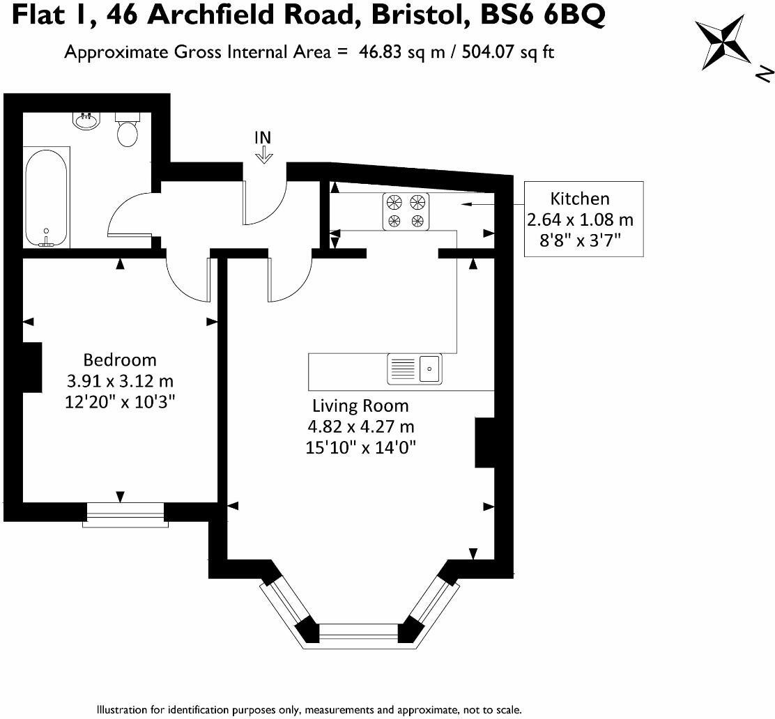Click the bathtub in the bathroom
tap(47, 197)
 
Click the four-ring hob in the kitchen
tap(406, 211)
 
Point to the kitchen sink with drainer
tap(415, 369)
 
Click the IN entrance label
tap(263, 137)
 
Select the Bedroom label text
tap(120, 360)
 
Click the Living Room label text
tap(360, 405)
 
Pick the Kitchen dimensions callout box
tap(583, 219)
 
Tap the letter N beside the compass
tap(764, 72)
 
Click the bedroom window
tap(125, 516)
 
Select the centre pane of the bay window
tap(358, 633)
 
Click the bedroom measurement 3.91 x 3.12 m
tap(119, 382)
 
